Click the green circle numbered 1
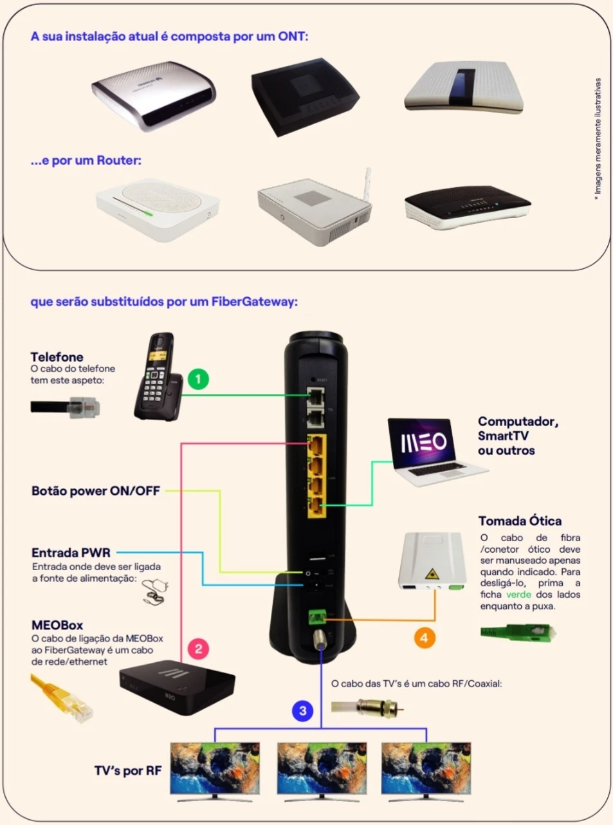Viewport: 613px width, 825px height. coord(198,379)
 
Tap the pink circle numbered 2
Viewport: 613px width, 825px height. coord(198,649)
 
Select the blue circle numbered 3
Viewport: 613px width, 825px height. coord(302,711)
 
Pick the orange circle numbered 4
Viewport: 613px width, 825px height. coord(424,638)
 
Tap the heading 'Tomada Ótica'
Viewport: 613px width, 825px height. coord(520,521)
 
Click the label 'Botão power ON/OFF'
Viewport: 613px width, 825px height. coord(95,491)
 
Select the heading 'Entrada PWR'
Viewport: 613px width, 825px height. coord(71,552)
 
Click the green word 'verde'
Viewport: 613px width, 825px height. coord(518,594)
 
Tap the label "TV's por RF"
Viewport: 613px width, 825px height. coord(127,770)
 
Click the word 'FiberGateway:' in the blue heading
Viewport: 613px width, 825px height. coord(255,301)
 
